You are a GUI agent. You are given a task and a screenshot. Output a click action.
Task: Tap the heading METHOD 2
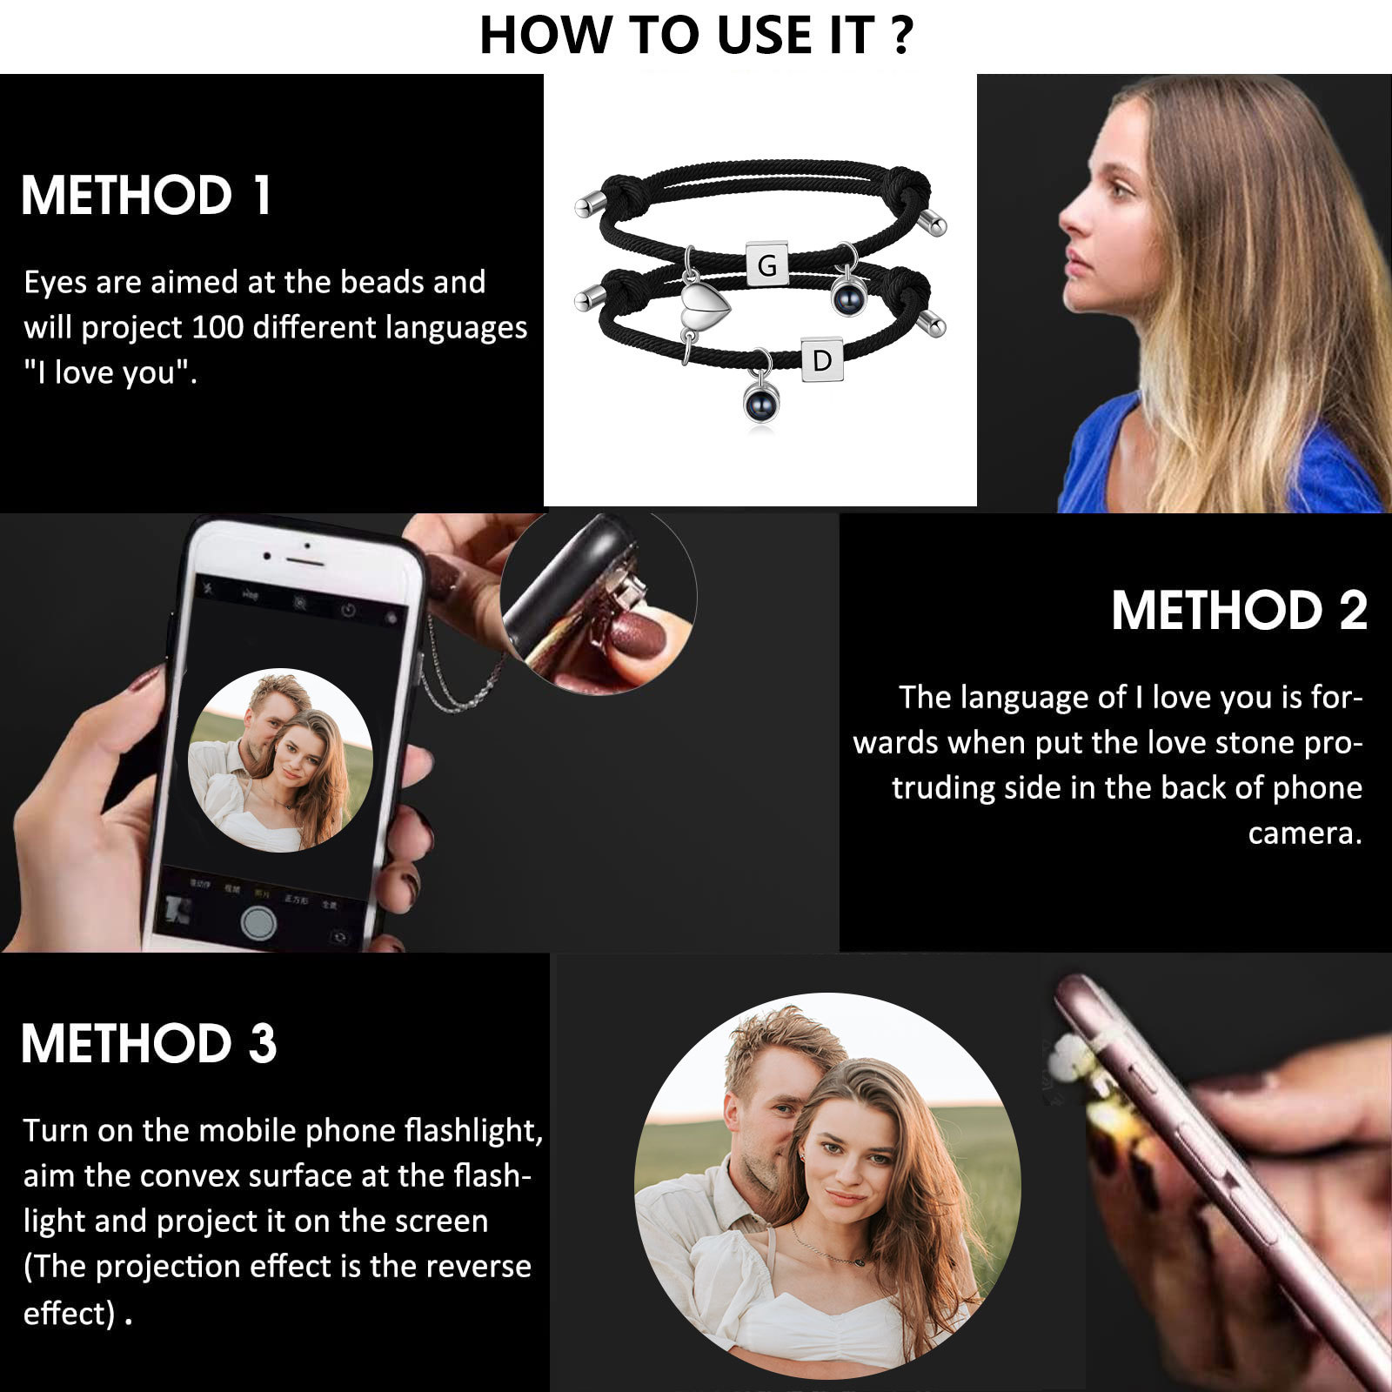(x=1239, y=611)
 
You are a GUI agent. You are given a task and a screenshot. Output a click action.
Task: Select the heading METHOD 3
(x=149, y=1043)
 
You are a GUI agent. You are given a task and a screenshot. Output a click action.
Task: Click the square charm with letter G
(x=767, y=264)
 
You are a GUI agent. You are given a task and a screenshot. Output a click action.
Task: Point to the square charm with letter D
(x=821, y=359)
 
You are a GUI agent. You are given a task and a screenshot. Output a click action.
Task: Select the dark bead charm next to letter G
(x=847, y=297)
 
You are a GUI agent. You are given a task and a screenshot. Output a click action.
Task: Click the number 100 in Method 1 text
(x=217, y=328)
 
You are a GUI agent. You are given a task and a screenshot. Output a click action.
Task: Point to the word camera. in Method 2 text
(x=1304, y=833)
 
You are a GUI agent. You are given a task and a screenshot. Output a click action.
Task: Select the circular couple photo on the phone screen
(x=280, y=760)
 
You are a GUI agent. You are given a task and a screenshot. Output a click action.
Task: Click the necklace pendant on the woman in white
(x=859, y=1258)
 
